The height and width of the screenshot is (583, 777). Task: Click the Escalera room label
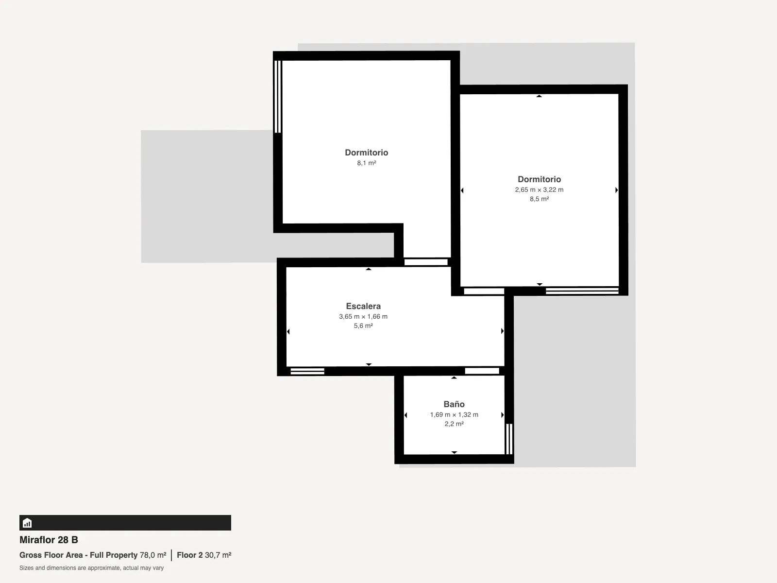(x=363, y=306)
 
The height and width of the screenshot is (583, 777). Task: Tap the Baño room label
(x=454, y=404)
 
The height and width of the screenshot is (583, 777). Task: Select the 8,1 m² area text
(x=366, y=163)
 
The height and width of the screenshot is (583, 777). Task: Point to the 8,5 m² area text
(x=539, y=199)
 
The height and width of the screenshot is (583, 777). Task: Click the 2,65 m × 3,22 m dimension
(x=539, y=190)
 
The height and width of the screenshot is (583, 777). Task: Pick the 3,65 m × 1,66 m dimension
(x=363, y=316)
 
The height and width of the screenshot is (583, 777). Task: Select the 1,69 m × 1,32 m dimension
(x=454, y=414)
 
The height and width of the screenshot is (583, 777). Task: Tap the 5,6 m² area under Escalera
(x=363, y=326)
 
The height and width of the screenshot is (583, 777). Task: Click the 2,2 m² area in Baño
(x=454, y=424)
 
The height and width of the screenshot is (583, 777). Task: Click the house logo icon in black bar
(x=27, y=523)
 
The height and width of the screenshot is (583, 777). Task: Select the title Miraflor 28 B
(x=49, y=540)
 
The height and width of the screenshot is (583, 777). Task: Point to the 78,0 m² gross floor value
(x=153, y=555)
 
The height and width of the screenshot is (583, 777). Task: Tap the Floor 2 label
(x=190, y=555)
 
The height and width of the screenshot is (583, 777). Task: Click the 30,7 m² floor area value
(x=218, y=555)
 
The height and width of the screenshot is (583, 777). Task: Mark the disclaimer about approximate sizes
(x=91, y=568)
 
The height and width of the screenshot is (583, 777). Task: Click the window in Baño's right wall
(x=509, y=439)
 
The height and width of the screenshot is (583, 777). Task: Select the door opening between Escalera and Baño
(x=482, y=371)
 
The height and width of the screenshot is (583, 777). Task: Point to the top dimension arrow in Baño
(x=454, y=377)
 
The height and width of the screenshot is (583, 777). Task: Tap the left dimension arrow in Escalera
(x=288, y=332)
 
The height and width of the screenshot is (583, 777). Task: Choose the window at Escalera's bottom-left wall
(x=307, y=371)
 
